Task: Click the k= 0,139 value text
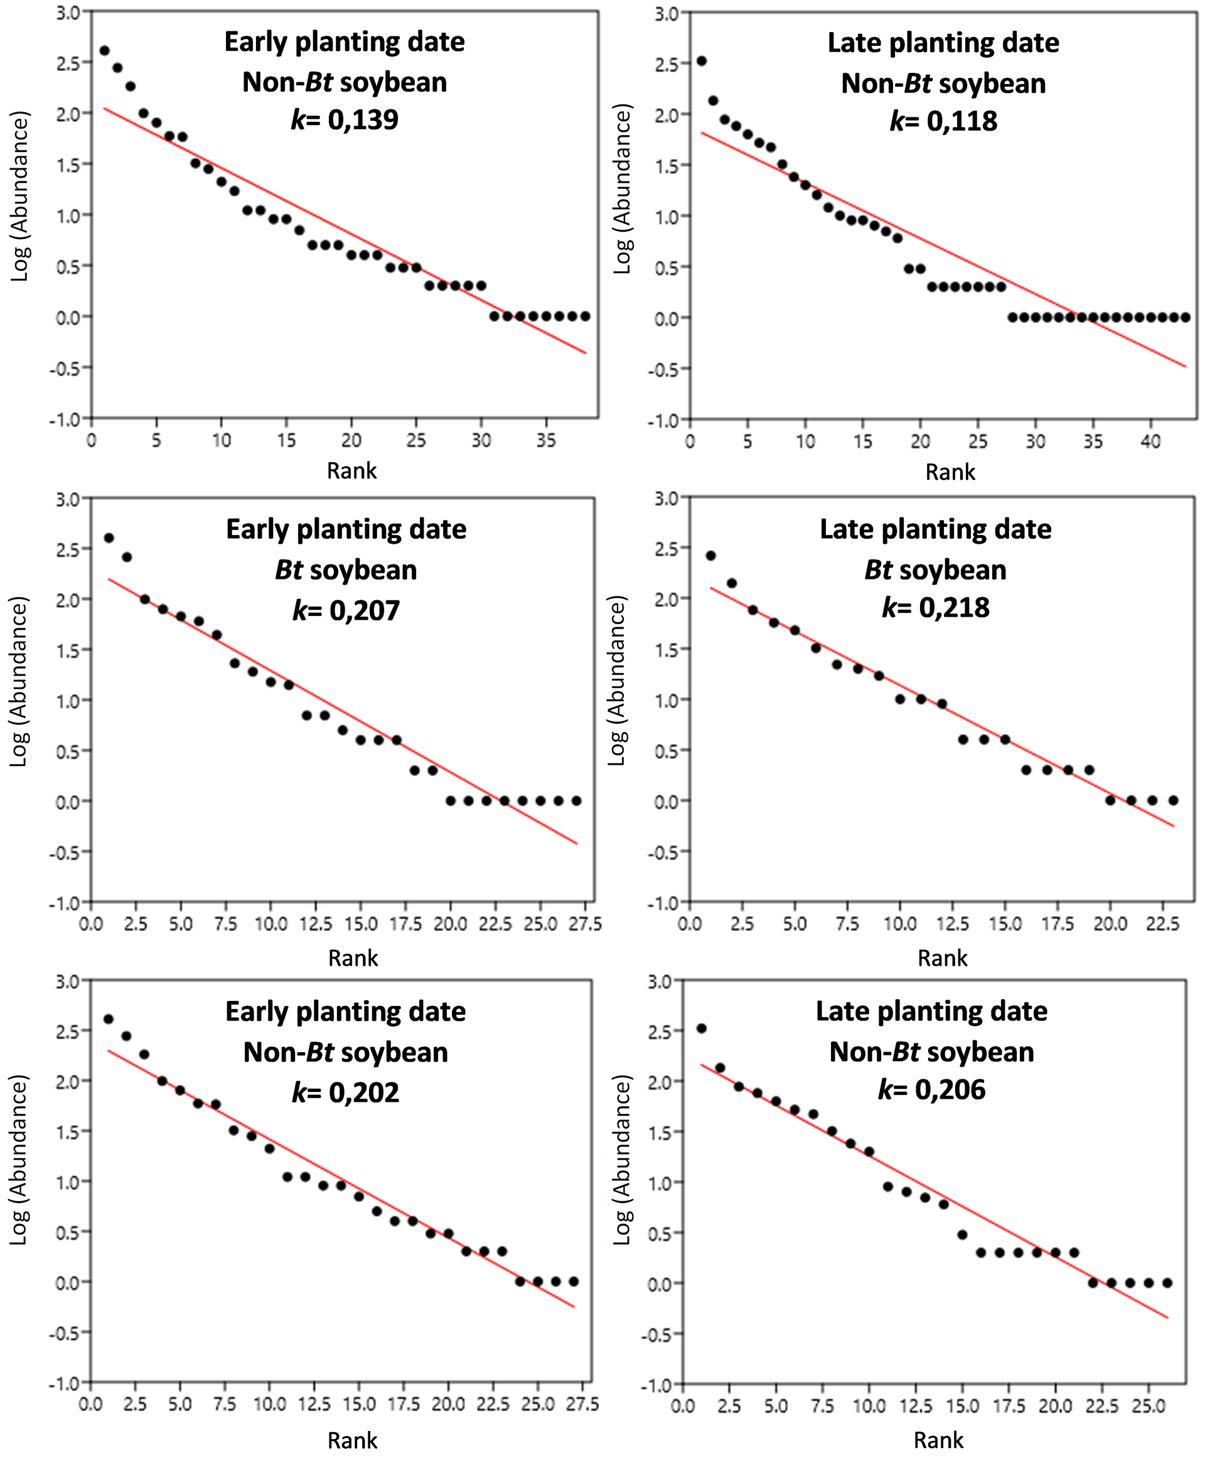345,120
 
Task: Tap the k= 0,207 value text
346,610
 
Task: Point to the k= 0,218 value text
935,608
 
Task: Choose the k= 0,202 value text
345,1092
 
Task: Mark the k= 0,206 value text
931,1089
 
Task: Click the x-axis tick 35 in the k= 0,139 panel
546,441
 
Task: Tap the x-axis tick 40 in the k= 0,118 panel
1150,442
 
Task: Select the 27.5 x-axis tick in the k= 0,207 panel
584,925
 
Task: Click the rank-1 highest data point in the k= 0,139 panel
105,51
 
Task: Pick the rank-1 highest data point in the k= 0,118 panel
701,61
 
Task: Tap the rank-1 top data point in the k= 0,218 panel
710,556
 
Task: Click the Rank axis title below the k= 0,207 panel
353,958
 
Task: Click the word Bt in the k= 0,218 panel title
878,570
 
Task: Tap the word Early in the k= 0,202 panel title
256,1012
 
